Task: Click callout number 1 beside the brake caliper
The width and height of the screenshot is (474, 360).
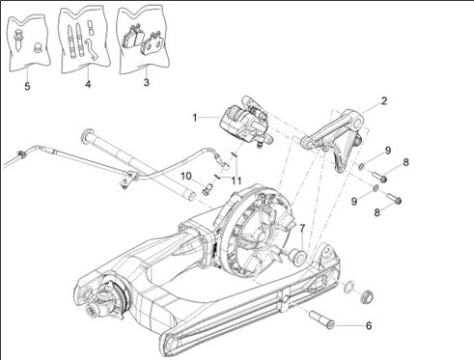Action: click(x=194, y=118)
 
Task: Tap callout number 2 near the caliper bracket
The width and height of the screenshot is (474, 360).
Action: click(x=384, y=101)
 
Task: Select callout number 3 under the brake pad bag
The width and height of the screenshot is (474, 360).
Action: click(x=147, y=82)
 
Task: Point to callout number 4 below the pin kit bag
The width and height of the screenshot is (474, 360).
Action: click(x=88, y=84)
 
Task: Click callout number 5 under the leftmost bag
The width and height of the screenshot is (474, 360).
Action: click(x=27, y=86)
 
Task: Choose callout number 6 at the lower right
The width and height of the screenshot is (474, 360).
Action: click(x=369, y=326)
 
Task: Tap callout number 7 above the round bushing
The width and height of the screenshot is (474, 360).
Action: click(x=302, y=229)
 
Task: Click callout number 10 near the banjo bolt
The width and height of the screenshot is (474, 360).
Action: click(x=186, y=177)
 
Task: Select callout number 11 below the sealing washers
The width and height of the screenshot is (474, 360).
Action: click(x=237, y=181)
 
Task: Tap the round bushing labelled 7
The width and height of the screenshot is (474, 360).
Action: click(x=298, y=257)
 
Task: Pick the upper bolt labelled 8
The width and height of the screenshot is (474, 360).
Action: click(x=379, y=177)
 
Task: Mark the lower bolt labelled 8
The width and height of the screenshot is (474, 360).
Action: click(x=394, y=198)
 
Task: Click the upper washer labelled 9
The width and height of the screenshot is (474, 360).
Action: click(x=361, y=166)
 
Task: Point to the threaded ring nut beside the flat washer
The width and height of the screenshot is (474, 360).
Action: click(x=367, y=296)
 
